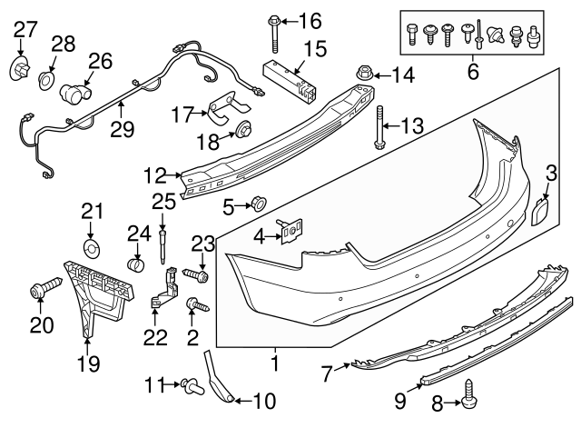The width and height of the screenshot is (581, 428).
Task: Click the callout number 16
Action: pos(310,19)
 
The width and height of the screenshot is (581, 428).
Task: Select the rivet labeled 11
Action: pos(190,386)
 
